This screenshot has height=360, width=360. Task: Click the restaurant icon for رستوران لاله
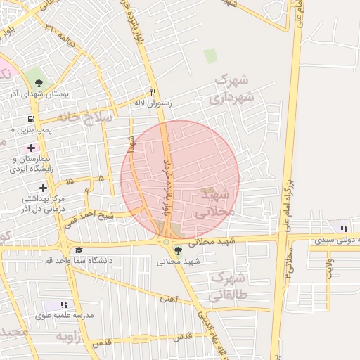click(x=152, y=92)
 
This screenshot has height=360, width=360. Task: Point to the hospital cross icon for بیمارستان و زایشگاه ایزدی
click(x=31, y=148)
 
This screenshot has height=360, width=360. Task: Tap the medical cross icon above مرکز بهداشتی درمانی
click(x=44, y=188)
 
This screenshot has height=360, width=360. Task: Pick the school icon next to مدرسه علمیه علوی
click(x=65, y=304)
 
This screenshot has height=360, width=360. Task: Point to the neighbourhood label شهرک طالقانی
click(x=229, y=285)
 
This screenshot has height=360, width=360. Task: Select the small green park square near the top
click(x=210, y=55)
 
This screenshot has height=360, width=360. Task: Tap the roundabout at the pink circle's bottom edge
click(x=166, y=241)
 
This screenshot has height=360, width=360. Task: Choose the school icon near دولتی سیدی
click(x=343, y=228)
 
